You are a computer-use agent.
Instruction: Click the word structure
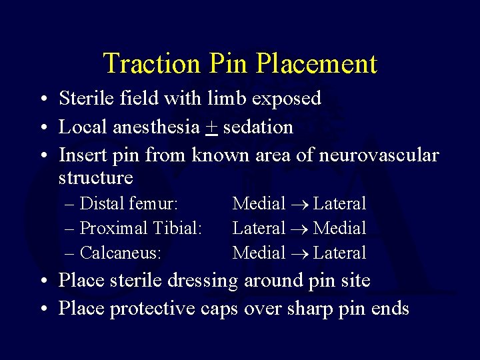[96, 178]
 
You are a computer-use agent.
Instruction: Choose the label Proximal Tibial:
[141, 228]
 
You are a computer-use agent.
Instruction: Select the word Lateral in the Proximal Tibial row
[259, 228]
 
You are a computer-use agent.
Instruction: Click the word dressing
[203, 281]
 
